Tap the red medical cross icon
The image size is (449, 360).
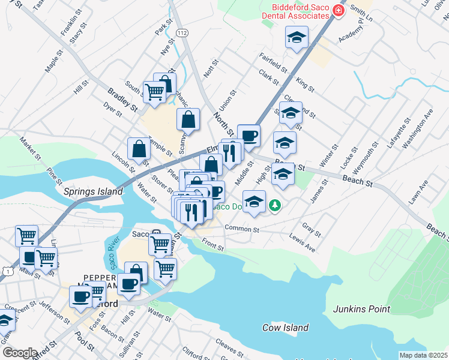339,10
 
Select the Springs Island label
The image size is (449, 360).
93,192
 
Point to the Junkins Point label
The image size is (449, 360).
361,310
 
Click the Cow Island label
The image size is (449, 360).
285,328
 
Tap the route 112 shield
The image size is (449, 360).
182,34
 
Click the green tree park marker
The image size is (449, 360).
275,206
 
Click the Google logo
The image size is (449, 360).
20,353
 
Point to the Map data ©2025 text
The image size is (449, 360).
423,355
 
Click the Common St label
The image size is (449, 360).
242,229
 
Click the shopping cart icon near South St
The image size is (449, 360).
154,92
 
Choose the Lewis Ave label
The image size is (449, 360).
302,244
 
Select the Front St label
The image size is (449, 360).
212,244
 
